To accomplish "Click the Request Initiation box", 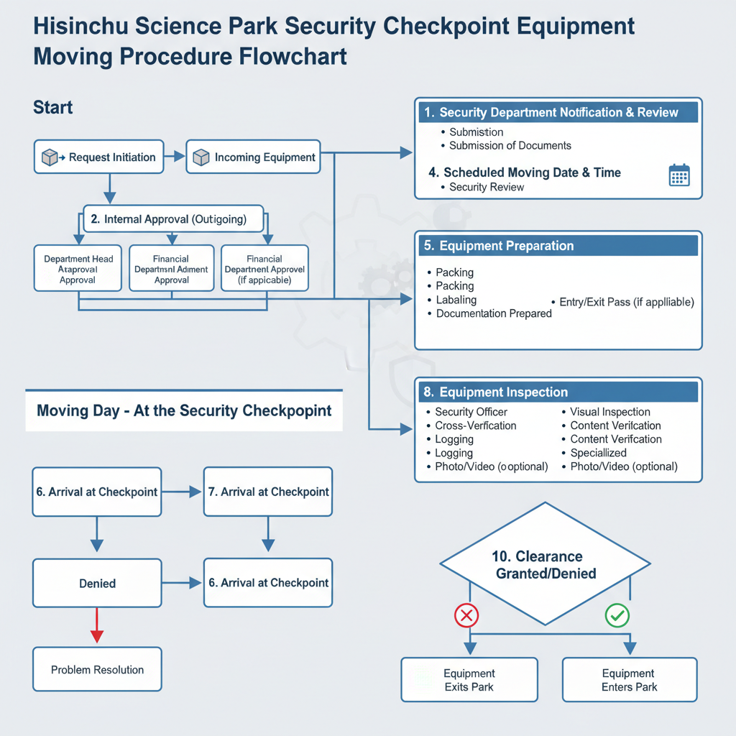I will pyautogui.click(x=101, y=157).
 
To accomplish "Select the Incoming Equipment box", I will pyautogui.click(x=253, y=157).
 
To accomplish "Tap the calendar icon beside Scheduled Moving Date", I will pyautogui.click(x=678, y=175).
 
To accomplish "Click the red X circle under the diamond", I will pyautogui.click(x=466, y=615).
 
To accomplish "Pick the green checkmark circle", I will pyautogui.click(x=617, y=615).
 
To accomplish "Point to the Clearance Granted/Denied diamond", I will pyautogui.click(x=546, y=564).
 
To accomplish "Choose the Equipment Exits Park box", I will pyautogui.click(x=469, y=680).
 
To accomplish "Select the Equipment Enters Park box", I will pyautogui.click(x=629, y=680).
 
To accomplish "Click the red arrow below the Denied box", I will pyautogui.click(x=97, y=625).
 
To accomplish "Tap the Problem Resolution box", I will pyautogui.click(x=97, y=670).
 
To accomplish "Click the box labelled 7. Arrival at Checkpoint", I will pyautogui.click(x=267, y=492).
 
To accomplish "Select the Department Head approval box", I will pyautogui.click(x=78, y=269).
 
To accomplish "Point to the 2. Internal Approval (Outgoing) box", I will pyautogui.click(x=173, y=219).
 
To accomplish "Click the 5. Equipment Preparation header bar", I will pyautogui.click(x=558, y=246).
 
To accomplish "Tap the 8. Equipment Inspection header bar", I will pyautogui.click(x=558, y=392).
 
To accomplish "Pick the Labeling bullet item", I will pyautogui.click(x=456, y=300).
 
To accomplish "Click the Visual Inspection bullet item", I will pyautogui.click(x=609, y=412).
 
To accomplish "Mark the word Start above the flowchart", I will pyautogui.click(x=53, y=108).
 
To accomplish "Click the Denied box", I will pyautogui.click(x=97, y=583).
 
